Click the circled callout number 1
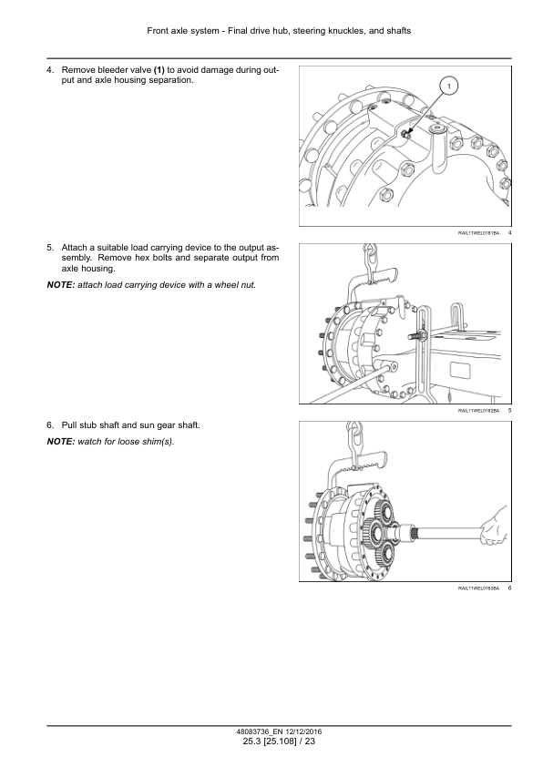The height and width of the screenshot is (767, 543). click(x=448, y=87)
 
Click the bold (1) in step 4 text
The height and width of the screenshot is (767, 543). click(x=159, y=70)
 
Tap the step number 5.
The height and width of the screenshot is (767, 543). click(x=50, y=248)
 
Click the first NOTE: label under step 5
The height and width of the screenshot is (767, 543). click(x=61, y=285)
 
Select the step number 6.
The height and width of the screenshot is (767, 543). click(x=50, y=425)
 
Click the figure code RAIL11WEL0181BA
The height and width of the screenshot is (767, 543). click(x=478, y=233)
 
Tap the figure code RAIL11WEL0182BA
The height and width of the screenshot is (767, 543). click(x=478, y=411)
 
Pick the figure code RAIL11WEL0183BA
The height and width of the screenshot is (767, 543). click(x=478, y=588)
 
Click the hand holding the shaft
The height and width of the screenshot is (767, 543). click(x=494, y=527)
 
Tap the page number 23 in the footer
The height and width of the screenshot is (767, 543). click(x=310, y=741)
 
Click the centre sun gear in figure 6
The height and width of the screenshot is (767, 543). click(x=378, y=533)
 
